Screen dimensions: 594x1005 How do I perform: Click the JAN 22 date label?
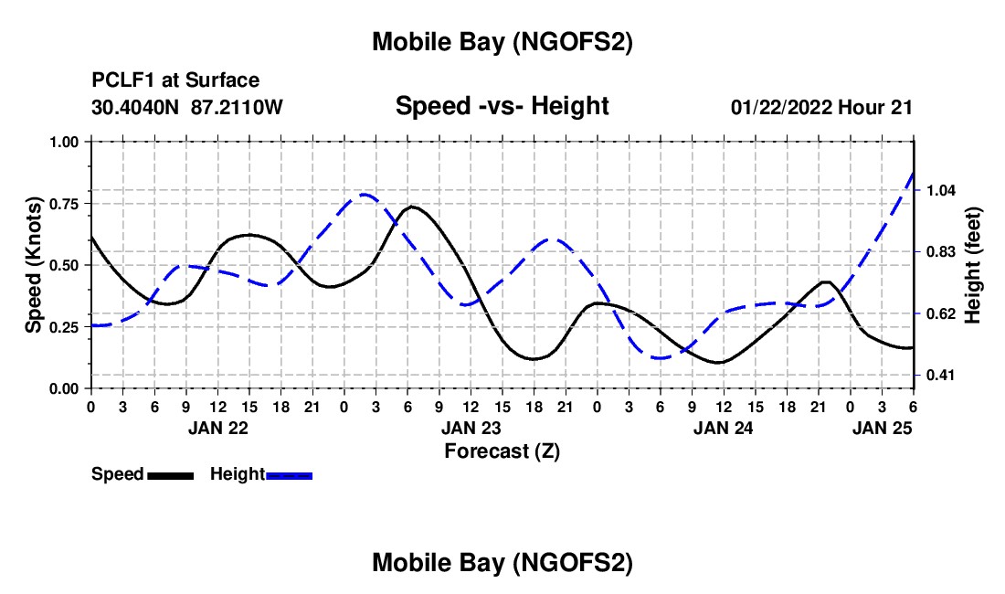(217, 427)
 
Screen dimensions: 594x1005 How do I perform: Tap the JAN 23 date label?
(471, 427)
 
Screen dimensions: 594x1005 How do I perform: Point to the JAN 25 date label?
(882, 427)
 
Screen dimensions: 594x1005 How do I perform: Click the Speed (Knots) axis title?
(34, 265)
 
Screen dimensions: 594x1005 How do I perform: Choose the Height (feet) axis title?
(972, 265)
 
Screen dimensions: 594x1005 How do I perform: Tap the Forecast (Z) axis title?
(502, 451)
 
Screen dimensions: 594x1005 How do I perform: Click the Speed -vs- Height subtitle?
(502, 106)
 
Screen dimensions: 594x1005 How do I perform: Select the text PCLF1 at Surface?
(175, 81)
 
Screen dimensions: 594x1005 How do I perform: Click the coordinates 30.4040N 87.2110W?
(187, 107)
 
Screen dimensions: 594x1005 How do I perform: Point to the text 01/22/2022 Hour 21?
(821, 107)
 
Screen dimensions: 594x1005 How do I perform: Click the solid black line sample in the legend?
(170, 474)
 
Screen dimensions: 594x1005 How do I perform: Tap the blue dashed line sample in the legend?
(290, 474)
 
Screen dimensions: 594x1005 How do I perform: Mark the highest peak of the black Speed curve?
(412, 207)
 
